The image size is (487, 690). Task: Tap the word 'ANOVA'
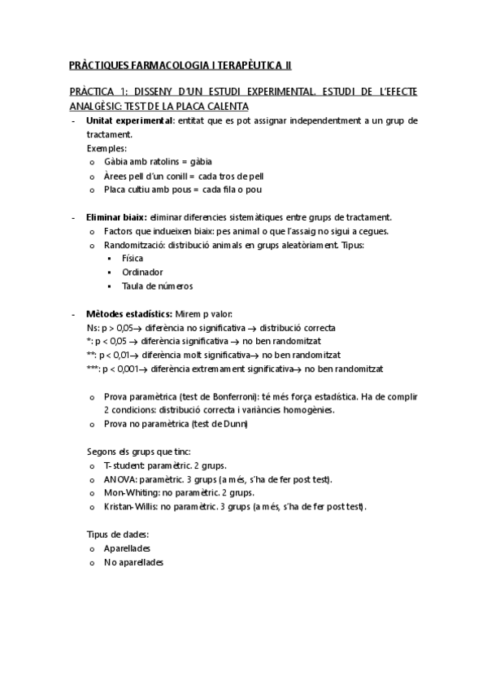point(119,479)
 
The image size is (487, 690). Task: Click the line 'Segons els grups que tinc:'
point(137,451)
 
